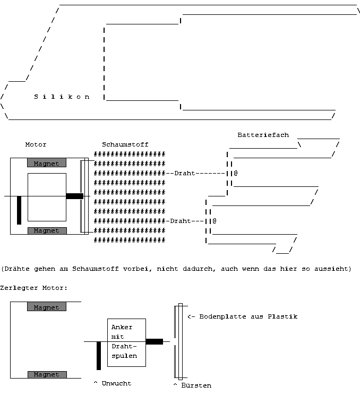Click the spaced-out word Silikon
[62, 97]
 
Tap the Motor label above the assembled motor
[36, 144]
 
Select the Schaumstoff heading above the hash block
[125, 144]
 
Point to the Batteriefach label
[263, 135]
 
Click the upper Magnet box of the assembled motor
[47, 163]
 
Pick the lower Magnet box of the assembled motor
[47, 230]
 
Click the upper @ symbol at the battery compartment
[235, 173]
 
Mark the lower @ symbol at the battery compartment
[215, 221]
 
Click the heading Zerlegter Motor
[34, 288]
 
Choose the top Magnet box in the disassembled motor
[47, 307]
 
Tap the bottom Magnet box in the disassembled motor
[47, 374]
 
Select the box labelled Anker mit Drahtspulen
[126, 342]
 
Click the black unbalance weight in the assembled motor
[19, 210]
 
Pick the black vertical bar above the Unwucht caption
[99, 355]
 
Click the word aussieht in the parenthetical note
[333, 269]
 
